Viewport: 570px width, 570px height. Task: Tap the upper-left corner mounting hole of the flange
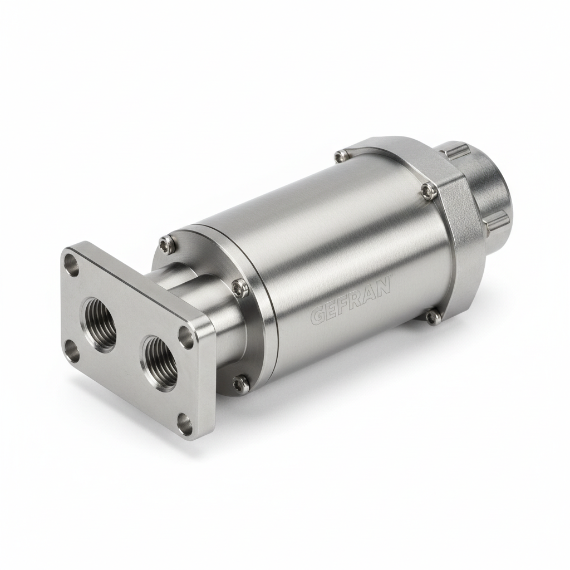tap(71, 264)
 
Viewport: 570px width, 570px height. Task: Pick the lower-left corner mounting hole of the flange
tap(71, 351)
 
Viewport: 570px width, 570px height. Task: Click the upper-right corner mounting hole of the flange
tap(186, 337)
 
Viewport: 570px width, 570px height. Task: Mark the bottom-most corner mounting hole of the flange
tap(184, 424)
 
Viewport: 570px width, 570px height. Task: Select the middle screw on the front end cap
tap(239, 287)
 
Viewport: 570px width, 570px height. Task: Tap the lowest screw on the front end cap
tap(240, 382)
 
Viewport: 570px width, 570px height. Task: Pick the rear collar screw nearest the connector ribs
tap(428, 191)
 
